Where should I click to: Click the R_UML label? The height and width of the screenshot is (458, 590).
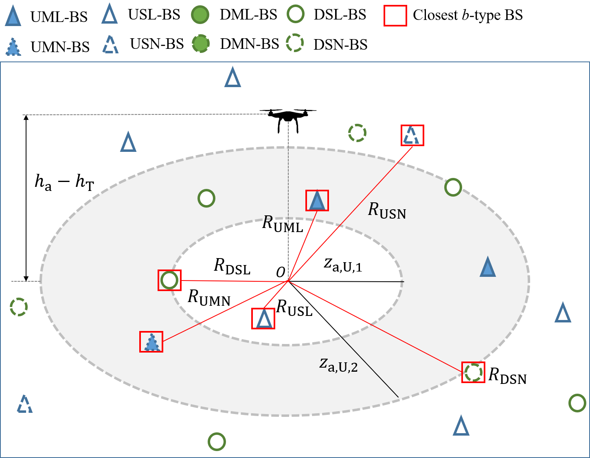(283, 224)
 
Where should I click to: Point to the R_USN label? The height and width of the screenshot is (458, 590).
(387, 211)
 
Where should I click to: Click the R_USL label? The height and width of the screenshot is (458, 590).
(294, 308)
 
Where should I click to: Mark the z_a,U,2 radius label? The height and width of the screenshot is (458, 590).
(338, 364)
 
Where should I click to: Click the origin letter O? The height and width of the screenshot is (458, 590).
(281, 272)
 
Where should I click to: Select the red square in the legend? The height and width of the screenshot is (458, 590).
(395, 16)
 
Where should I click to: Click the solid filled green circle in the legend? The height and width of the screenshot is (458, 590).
(200, 15)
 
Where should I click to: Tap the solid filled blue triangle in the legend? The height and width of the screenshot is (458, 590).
(13, 16)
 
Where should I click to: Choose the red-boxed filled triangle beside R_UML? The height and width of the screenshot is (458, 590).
(317, 201)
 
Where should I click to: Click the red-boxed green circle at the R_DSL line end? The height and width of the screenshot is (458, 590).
(169, 280)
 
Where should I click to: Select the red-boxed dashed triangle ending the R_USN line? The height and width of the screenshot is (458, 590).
(412, 135)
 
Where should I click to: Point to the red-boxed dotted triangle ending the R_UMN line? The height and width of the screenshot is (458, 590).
(151, 342)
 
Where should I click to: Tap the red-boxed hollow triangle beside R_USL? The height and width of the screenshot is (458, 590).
(263, 319)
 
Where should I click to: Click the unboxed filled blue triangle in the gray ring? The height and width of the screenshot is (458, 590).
(487, 267)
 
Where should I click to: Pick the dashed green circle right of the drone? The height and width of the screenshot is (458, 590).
(357, 133)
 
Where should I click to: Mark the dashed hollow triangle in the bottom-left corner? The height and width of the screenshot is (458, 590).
(25, 404)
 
